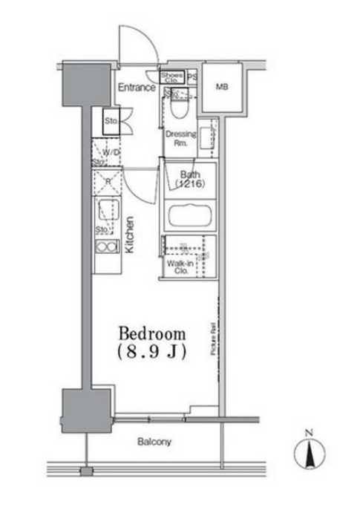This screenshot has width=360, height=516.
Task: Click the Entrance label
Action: [x=136, y=88]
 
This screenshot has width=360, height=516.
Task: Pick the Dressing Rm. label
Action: [x=180, y=139]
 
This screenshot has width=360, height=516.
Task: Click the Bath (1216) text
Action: [x=189, y=179]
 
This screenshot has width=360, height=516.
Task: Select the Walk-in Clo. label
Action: [x=179, y=267]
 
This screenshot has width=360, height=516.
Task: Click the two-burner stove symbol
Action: [x=107, y=247]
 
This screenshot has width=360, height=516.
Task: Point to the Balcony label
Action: [x=154, y=442]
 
